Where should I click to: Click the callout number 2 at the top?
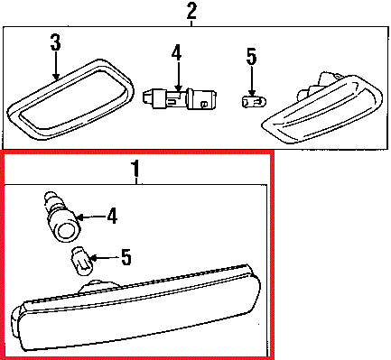pos(191,11)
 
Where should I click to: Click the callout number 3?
pos(56,42)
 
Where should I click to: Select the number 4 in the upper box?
pos(177,52)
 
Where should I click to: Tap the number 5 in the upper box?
pos(251,56)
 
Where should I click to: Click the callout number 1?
pos(136,169)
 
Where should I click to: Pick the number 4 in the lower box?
pos(112,216)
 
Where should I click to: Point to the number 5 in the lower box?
pos(126,256)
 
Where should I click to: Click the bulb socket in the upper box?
pos(180,97)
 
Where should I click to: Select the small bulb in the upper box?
pos(251,100)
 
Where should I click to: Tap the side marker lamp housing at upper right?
pos(323,109)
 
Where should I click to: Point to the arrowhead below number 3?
pos(55,78)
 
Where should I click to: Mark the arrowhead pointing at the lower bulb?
pos(94,258)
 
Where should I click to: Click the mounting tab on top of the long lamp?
pos(98,286)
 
